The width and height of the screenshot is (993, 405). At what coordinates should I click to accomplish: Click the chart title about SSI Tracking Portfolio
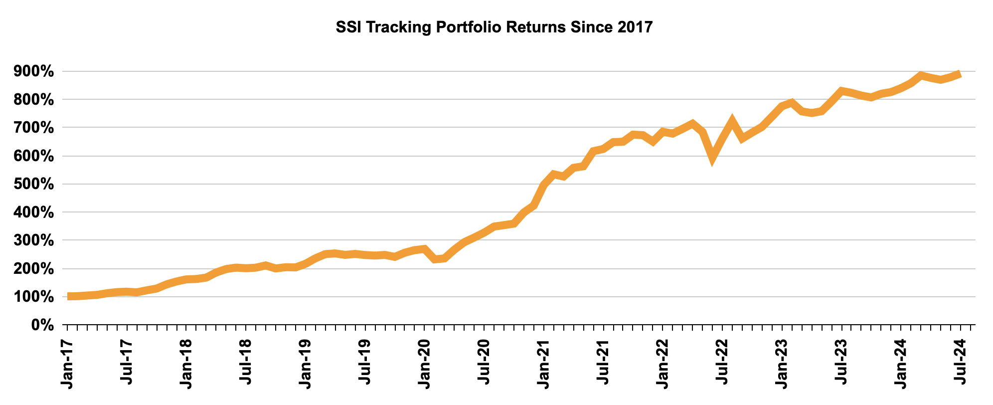coord(494,27)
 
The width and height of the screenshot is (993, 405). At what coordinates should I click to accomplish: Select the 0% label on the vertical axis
coord(43,325)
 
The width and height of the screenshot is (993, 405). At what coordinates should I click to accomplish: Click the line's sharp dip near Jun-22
coord(713,158)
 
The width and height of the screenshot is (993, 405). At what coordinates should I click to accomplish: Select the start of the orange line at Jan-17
coord(68,296)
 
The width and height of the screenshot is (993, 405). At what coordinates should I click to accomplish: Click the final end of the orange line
coord(960,74)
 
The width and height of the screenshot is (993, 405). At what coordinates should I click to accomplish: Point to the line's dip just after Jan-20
coord(435,259)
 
